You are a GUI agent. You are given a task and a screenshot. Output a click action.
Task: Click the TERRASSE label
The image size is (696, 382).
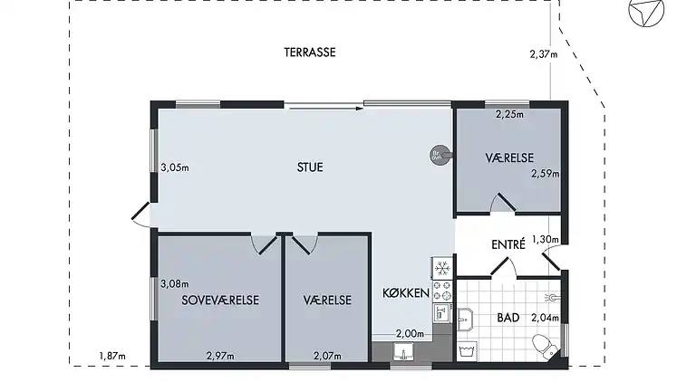310,53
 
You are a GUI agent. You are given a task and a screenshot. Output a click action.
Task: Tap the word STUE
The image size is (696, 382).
310,167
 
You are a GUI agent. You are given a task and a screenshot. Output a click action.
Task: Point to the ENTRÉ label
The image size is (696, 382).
509,244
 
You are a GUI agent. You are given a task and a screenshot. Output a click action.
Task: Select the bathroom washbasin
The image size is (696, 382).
464,317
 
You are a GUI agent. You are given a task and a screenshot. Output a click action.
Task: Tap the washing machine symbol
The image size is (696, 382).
469,349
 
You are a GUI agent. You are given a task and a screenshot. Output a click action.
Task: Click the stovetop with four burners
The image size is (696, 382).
443,291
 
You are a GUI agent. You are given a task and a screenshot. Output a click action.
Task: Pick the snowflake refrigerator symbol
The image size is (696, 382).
443,269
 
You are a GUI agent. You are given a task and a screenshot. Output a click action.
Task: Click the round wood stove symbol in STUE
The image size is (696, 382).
438,155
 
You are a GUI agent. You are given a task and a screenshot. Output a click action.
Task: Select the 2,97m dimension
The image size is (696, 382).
220,356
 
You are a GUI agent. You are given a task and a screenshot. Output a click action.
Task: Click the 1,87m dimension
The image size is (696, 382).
111,356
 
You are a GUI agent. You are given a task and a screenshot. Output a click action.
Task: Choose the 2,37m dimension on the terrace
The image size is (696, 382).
542,53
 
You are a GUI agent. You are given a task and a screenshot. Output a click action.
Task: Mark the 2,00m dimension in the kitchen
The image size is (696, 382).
410,334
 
